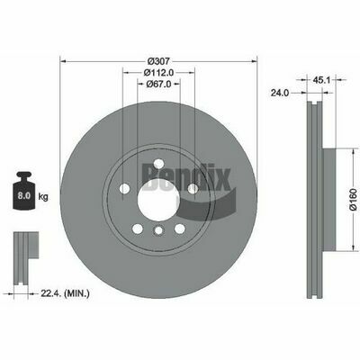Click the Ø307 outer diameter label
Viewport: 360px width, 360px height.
159,61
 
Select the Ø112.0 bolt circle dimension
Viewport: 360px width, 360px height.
159,72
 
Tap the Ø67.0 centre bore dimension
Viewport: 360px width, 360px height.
158,85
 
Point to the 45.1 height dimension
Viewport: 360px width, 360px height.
321,80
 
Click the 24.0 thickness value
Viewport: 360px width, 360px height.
280,93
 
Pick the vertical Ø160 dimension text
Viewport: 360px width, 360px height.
353,200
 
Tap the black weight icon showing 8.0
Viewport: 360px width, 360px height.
24,190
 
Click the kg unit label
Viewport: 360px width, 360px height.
43,197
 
